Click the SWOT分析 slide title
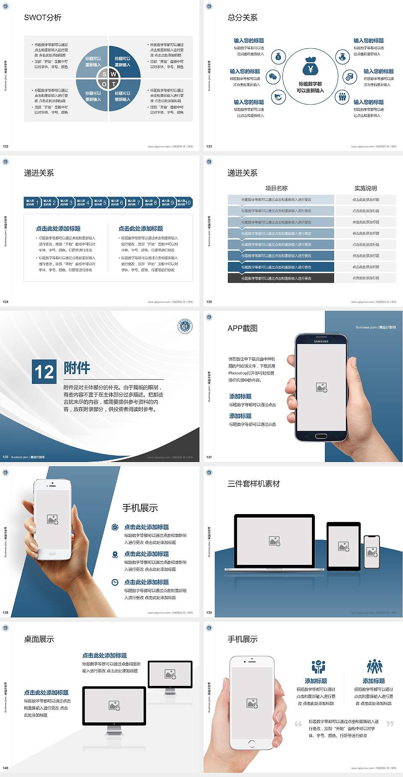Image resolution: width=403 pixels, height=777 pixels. (x=43, y=18)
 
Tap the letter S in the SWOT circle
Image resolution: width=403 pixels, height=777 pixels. (x=105, y=74)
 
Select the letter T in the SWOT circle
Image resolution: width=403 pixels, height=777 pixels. (x=114, y=84)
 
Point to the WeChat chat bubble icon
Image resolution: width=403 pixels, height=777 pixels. (x=274, y=77)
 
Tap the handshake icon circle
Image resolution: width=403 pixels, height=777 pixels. (x=278, y=97)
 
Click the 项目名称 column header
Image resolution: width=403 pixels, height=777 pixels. (x=276, y=188)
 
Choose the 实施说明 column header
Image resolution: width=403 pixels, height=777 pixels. (x=366, y=188)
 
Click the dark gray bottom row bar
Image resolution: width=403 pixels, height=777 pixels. (x=281, y=278)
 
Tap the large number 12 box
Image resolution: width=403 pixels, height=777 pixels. (x=44, y=372)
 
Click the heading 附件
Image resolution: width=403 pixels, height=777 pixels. (x=77, y=368)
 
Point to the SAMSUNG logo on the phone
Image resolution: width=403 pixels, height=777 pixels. (x=321, y=341)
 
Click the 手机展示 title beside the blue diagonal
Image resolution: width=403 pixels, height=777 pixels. (x=140, y=508)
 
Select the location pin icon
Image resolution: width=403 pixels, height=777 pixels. (x=115, y=554)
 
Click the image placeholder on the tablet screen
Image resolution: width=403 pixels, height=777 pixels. (x=343, y=546)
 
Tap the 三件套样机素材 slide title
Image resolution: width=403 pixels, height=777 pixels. (x=254, y=484)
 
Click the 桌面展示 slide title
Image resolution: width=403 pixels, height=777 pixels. (x=39, y=639)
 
